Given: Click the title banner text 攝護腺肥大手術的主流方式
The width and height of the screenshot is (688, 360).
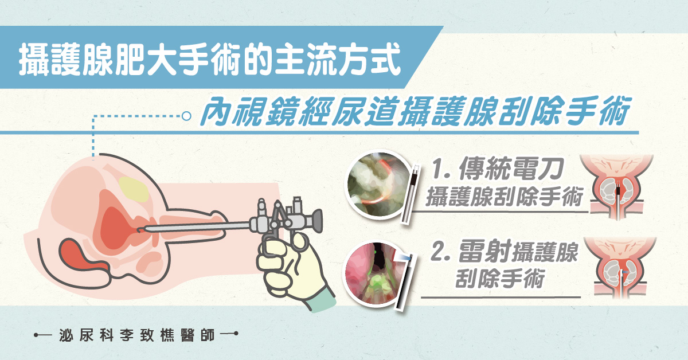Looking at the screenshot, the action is click(210, 59).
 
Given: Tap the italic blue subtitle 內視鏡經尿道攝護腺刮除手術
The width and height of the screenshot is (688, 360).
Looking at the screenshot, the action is click(415, 112).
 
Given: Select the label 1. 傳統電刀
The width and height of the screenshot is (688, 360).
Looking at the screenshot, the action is click(497, 169).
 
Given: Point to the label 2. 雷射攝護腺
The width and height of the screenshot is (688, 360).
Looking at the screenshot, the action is click(504, 251).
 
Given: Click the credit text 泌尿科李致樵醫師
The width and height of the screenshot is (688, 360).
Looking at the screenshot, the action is click(136, 335).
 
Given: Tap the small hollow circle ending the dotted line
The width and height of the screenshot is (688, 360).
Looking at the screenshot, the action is click(186, 116).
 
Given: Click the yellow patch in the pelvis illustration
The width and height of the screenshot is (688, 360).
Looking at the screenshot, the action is click(134, 189).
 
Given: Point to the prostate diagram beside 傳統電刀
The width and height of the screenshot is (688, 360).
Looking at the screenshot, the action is click(617, 187).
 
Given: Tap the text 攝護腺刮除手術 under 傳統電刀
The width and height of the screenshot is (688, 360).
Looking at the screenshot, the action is click(504, 197).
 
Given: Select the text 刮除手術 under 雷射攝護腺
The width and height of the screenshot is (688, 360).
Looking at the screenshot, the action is click(500, 279).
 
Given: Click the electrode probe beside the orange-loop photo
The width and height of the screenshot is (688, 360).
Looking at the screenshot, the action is click(411, 194).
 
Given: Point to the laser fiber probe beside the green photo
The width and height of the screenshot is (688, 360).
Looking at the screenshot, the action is click(404, 281).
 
